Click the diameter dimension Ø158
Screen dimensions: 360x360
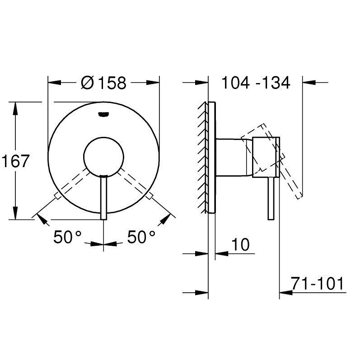coord(104,83)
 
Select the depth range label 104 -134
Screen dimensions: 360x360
coord(255,83)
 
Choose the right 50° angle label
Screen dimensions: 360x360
coord(141,236)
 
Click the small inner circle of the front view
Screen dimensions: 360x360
coord(103,156)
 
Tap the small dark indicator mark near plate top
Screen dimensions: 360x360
coord(103,115)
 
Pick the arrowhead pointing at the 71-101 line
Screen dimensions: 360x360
coord(286,292)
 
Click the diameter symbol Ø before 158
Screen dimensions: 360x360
coord(88,83)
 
